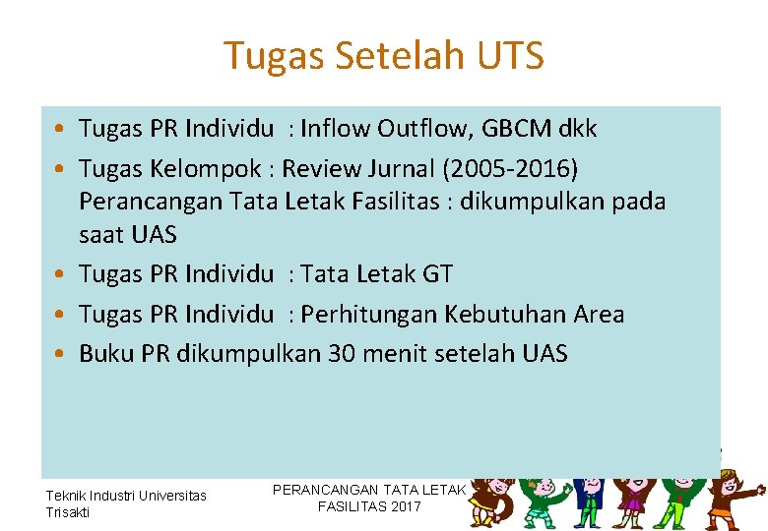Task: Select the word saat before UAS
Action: [x=100, y=235]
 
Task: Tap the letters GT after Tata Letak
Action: [x=436, y=274]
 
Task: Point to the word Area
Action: [x=595, y=314]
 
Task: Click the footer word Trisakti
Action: [x=67, y=512]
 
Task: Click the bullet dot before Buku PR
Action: [x=61, y=354]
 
